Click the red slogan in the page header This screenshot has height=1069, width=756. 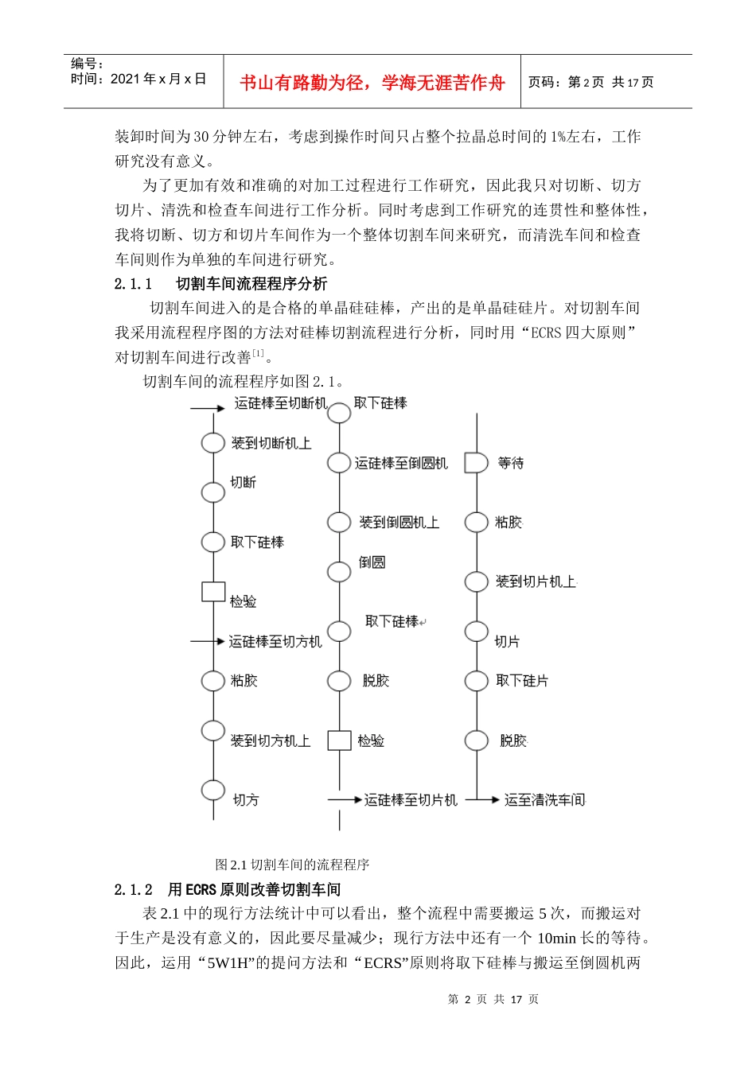(x=372, y=83)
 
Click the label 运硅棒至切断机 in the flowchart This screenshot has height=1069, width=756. (x=280, y=403)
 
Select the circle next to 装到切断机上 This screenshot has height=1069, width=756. (x=213, y=443)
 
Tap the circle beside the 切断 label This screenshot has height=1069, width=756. (x=213, y=492)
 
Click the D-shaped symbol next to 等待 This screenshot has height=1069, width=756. (x=475, y=463)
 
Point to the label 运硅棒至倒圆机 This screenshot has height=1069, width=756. (x=401, y=463)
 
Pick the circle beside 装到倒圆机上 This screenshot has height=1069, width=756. (x=339, y=523)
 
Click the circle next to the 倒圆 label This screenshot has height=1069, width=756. (x=339, y=572)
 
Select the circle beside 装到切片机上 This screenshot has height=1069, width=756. (x=476, y=581)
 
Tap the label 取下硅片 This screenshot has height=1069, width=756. (x=522, y=681)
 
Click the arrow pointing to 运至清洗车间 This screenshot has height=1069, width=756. (x=483, y=799)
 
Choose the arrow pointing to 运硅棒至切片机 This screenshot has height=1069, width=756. (x=345, y=799)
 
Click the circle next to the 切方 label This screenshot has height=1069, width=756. (x=213, y=790)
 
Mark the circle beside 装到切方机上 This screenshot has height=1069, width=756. (x=213, y=730)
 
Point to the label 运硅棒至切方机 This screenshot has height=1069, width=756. (x=275, y=641)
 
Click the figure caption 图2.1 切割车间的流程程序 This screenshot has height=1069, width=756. (x=292, y=865)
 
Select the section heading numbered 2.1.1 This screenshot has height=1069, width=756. (x=220, y=284)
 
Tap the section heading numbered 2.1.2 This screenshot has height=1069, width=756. (x=227, y=889)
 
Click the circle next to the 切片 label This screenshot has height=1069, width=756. (x=476, y=632)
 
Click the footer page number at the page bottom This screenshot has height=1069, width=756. (x=493, y=999)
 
